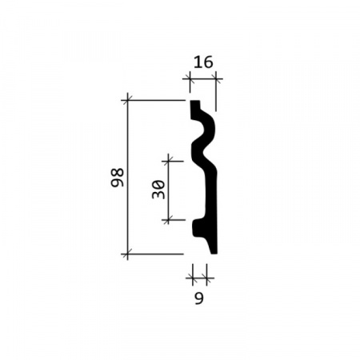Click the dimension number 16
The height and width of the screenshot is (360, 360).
(203, 62)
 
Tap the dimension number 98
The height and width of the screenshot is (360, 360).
(118, 178)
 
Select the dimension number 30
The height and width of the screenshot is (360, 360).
(158, 190)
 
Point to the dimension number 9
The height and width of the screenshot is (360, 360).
(199, 298)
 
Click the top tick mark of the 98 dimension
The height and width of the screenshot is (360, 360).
(127, 100)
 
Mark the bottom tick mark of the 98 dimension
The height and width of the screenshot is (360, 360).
(127, 254)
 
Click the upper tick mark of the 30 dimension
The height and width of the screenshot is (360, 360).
(168, 161)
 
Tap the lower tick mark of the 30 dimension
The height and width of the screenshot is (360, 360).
(168, 220)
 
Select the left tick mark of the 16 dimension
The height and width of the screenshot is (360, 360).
(190, 78)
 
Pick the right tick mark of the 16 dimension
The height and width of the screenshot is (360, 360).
(216, 78)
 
